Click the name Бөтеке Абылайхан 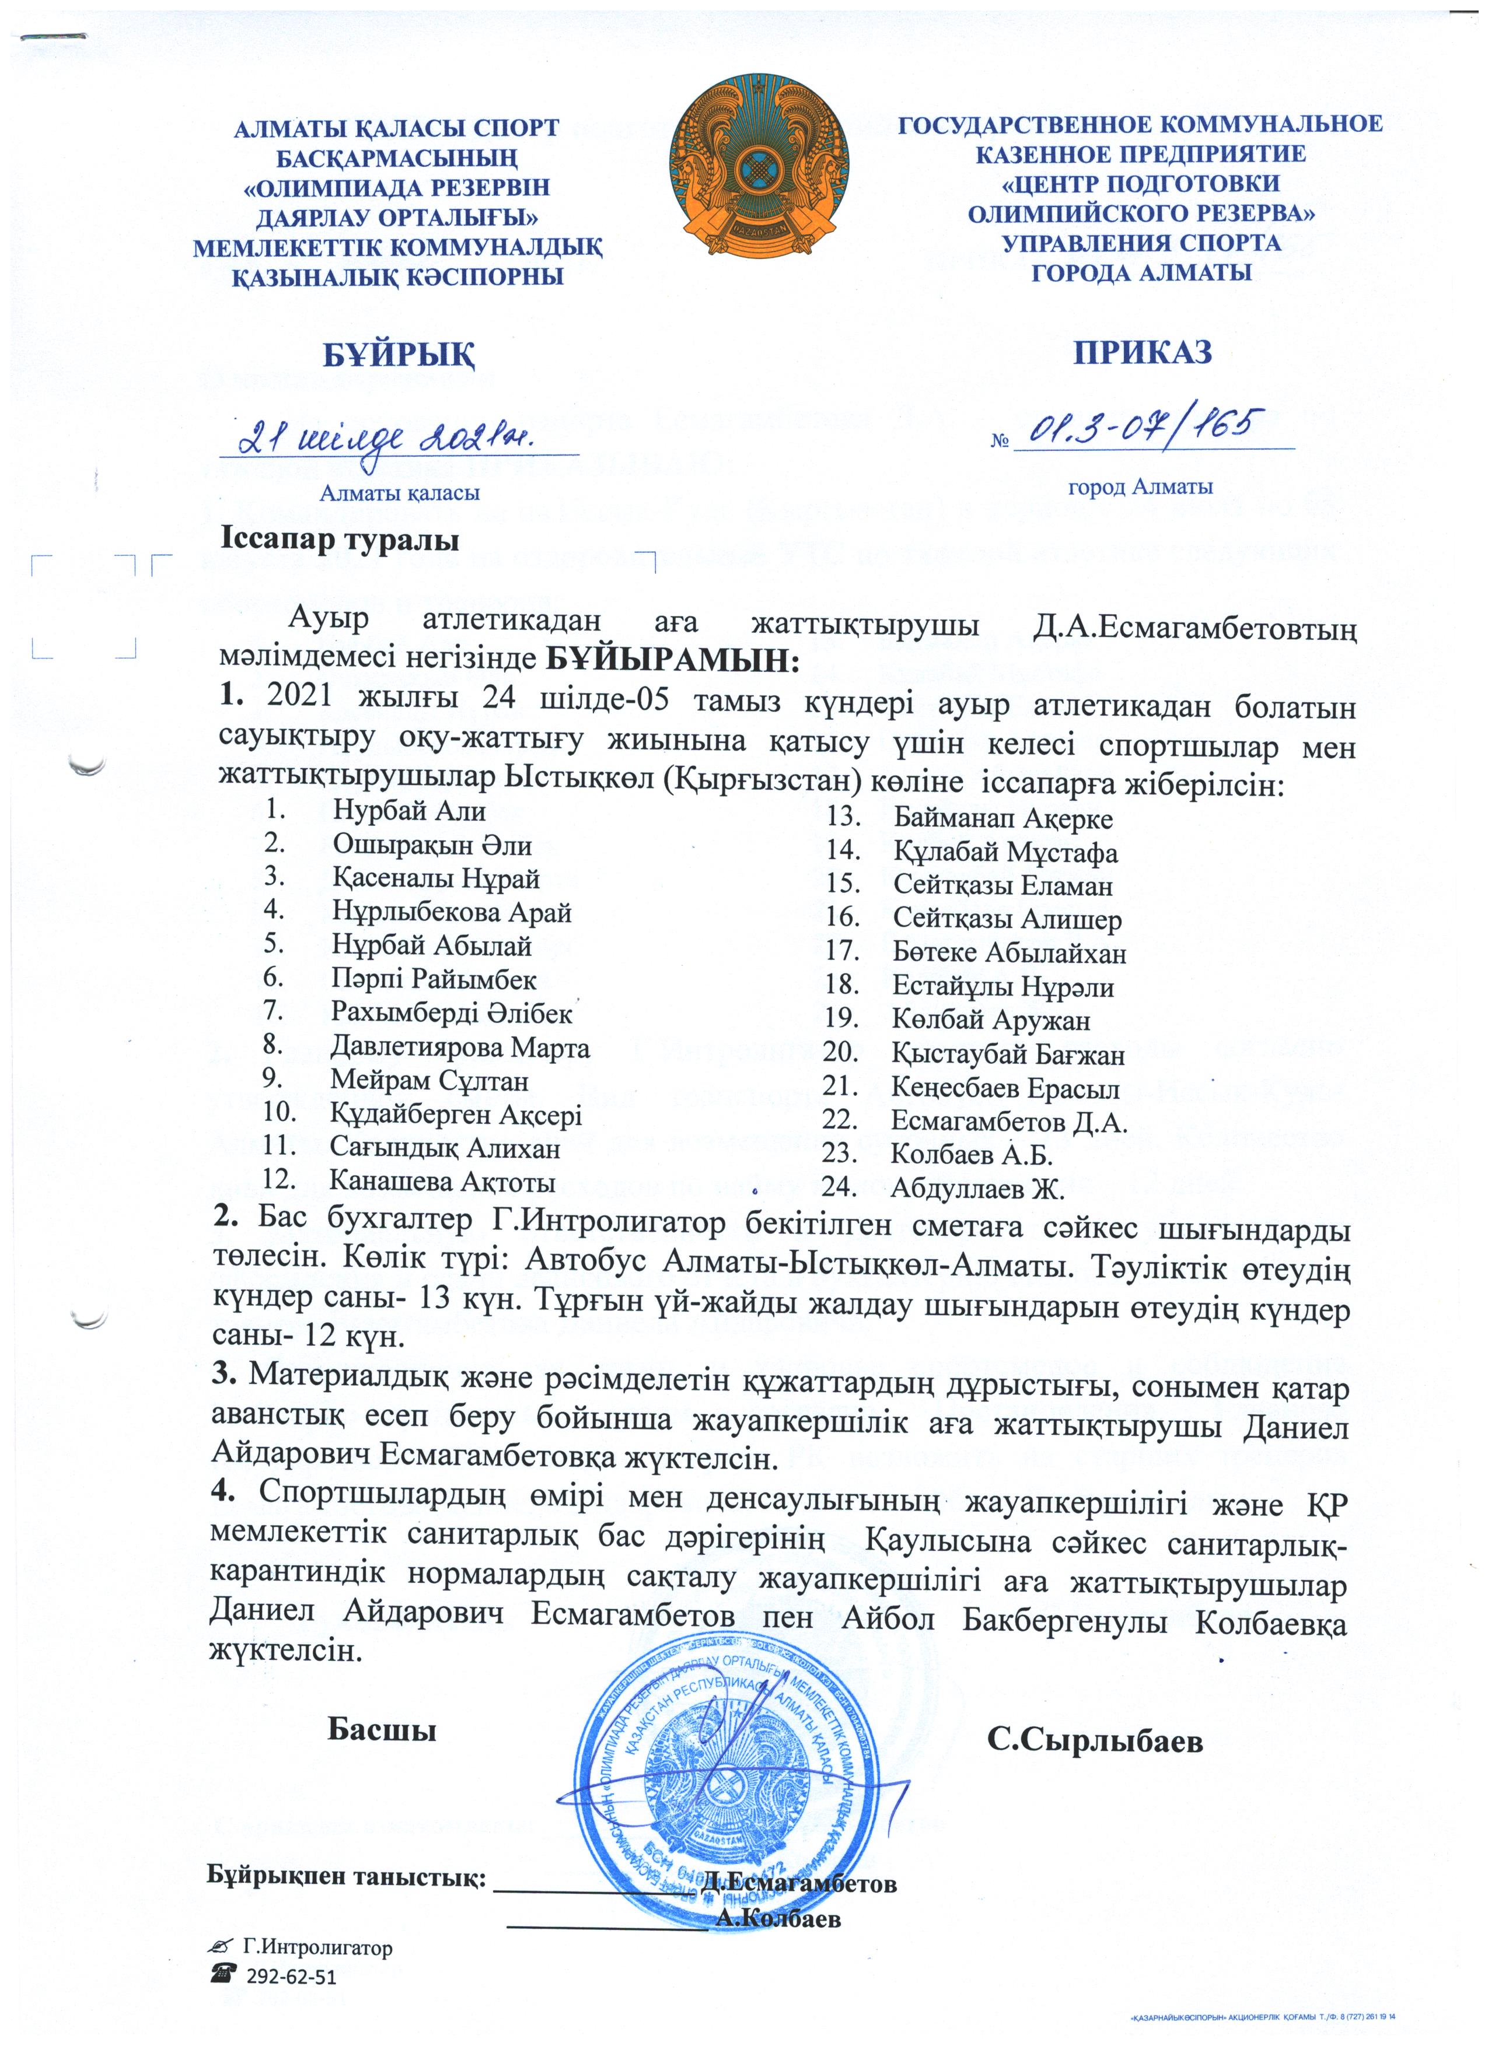[1009, 952]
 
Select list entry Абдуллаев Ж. [978, 1188]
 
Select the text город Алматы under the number [1141, 488]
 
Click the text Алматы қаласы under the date [400, 493]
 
